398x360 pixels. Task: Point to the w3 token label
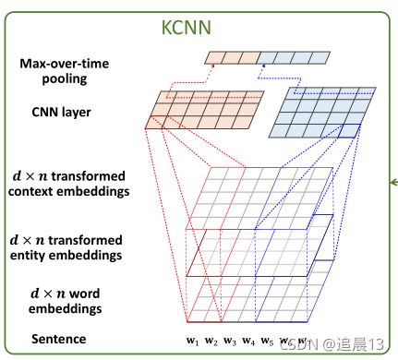[x=229, y=342]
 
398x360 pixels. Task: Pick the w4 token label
[x=249, y=342]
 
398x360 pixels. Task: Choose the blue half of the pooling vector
[x=295, y=58]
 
